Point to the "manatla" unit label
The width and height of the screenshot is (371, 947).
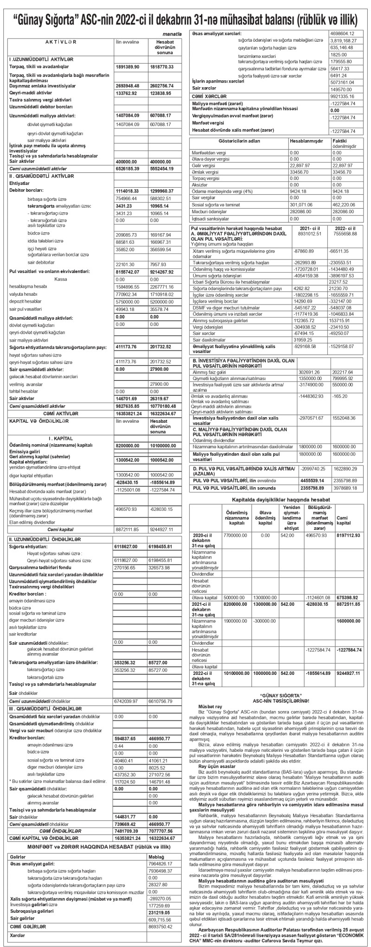coord(173,34)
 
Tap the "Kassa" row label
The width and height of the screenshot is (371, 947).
coord(61,279)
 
